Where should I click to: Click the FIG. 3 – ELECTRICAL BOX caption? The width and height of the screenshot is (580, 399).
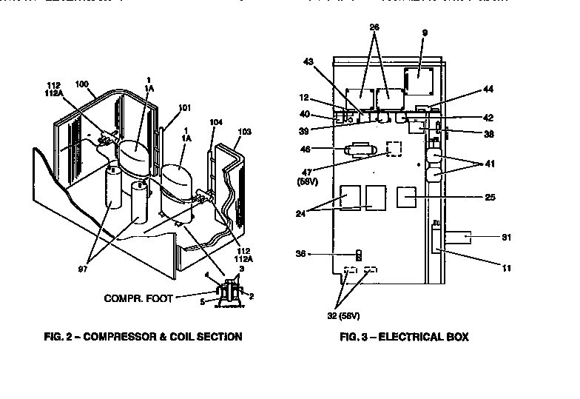[403, 337]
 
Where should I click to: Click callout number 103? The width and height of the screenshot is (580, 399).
[245, 131]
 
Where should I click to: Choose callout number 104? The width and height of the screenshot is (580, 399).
[216, 121]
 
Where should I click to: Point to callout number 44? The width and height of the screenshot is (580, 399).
[488, 89]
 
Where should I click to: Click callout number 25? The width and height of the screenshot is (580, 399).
[489, 198]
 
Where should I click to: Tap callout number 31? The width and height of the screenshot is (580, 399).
[506, 238]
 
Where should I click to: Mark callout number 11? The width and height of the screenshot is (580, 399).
[506, 268]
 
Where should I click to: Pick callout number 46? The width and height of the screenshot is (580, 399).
[326, 149]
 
